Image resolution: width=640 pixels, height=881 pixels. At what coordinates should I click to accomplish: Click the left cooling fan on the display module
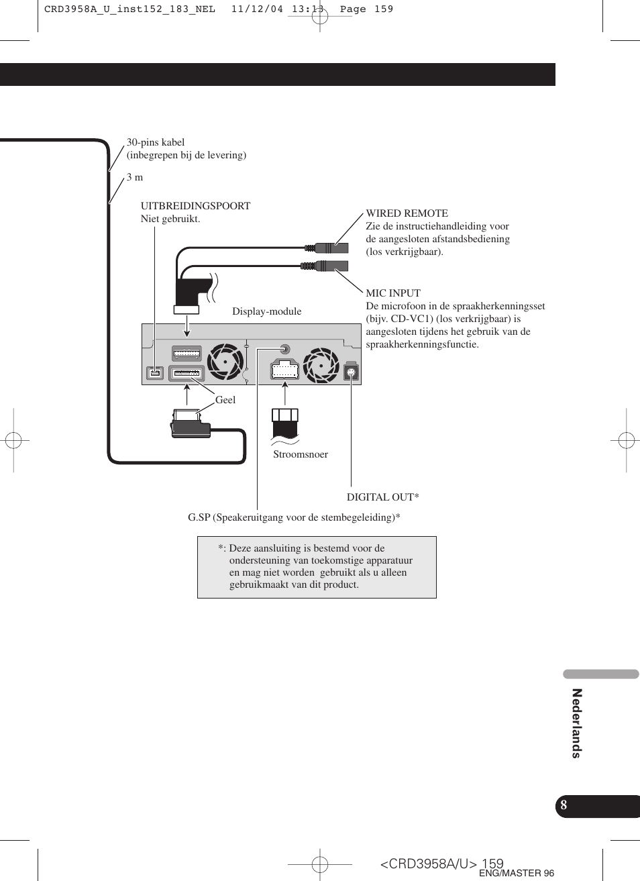[x=225, y=362]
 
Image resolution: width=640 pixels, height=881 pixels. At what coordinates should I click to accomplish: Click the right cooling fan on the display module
[x=321, y=365]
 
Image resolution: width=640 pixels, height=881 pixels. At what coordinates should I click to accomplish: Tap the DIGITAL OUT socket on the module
[x=351, y=372]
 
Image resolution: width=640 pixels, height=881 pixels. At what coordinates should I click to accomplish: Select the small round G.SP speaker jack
[x=284, y=349]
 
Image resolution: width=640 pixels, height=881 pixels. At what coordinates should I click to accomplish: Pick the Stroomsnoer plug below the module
[x=285, y=422]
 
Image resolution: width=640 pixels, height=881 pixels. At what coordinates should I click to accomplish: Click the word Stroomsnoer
[x=301, y=454]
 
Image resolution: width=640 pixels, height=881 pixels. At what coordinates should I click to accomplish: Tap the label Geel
[x=225, y=400]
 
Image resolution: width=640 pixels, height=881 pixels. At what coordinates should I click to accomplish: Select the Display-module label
[x=267, y=311]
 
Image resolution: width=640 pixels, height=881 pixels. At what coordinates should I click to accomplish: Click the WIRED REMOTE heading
[x=407, y=213]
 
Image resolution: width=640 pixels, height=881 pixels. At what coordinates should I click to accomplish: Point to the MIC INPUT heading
[x=393, y=293]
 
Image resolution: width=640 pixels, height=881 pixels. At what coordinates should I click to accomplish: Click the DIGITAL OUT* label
[x=382, y=497]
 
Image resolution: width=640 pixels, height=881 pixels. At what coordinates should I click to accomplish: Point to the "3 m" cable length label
[x=135, y=177]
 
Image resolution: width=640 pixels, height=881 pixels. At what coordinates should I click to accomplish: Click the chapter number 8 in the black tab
[x=564, y=805]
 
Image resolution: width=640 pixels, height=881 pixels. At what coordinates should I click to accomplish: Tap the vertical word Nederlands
[x=576, y=723]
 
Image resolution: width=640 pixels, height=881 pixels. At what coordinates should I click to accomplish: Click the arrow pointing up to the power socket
[x=285, y=393]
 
